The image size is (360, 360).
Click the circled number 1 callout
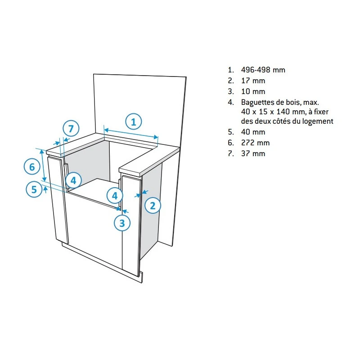coord(134,121)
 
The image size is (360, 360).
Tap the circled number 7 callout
coord(71,129)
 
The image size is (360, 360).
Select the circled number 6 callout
coord(32,166)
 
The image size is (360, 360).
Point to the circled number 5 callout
coord(34,189)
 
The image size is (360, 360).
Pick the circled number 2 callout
coord(153,206)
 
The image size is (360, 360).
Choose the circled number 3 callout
coord(122,223)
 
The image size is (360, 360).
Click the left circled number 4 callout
coord(73,180)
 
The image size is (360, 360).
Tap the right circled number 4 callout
coord(115,196)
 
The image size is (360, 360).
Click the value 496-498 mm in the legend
coord(263,70)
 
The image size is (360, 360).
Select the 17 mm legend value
coord(253,81)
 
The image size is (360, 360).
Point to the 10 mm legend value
coord(253,91)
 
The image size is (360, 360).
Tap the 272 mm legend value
coord(255,143)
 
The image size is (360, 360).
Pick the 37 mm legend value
coord(253,153)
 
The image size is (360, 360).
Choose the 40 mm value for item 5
coord(253,132)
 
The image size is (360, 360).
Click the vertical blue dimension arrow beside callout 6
coord(43,165)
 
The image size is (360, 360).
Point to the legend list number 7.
coord(230,153)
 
